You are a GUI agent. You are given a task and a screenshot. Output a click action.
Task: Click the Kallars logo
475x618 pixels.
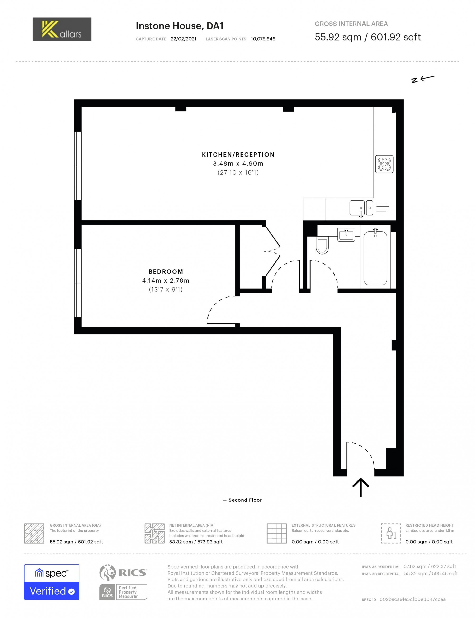[62, 29]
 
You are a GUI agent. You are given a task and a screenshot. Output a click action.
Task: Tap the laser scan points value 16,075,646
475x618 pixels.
[263, 39]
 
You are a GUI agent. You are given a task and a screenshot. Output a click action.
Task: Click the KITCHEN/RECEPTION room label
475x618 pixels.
[238, 155]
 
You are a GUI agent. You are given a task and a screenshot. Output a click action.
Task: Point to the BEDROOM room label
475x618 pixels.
[166, 271]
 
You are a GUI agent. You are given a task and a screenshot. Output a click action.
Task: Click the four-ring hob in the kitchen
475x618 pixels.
[384, 164]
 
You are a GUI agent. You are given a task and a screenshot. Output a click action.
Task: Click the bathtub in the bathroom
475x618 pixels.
[375, 258]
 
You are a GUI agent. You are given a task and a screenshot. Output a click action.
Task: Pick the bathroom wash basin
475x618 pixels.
[346, 235]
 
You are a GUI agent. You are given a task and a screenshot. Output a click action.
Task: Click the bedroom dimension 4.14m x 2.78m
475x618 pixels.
[166, 280]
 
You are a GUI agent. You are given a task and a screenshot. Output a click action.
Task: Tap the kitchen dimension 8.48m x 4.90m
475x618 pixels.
[238, 163]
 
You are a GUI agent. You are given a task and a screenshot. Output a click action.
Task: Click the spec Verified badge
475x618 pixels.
[52, 582]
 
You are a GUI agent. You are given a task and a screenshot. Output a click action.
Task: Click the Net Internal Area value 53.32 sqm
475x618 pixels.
[196, 542]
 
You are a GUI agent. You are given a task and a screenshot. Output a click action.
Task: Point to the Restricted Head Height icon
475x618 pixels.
[391, 533]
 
